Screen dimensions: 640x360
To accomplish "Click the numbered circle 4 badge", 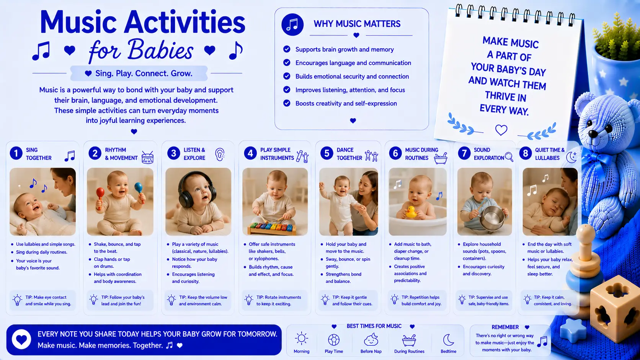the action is [x=250, y=153].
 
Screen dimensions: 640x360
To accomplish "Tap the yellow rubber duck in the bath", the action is [x=411, y=212].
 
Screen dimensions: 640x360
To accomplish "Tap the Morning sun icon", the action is [x=301, y=339].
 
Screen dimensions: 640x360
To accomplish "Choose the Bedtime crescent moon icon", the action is [x=448, y=340].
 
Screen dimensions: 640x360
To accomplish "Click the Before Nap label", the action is [x=371, y=352].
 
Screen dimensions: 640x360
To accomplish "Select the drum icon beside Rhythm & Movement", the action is [x=147, y=157].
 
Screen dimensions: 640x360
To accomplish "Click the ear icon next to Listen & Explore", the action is [x=220, y=155].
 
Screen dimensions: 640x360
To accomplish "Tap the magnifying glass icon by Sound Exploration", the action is [x=509, y=157].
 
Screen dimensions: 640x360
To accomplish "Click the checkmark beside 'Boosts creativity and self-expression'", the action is [x=287, y=103].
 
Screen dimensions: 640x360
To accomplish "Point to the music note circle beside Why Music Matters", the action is [x=292, y=24].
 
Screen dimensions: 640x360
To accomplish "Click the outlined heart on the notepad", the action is [x=501, y=130].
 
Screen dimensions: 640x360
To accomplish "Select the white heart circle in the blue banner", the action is [x=21, y=339].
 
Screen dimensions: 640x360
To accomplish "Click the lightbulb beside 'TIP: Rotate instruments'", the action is [x=248, y=300].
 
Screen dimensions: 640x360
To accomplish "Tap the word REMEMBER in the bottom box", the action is [x=505, y=327].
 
